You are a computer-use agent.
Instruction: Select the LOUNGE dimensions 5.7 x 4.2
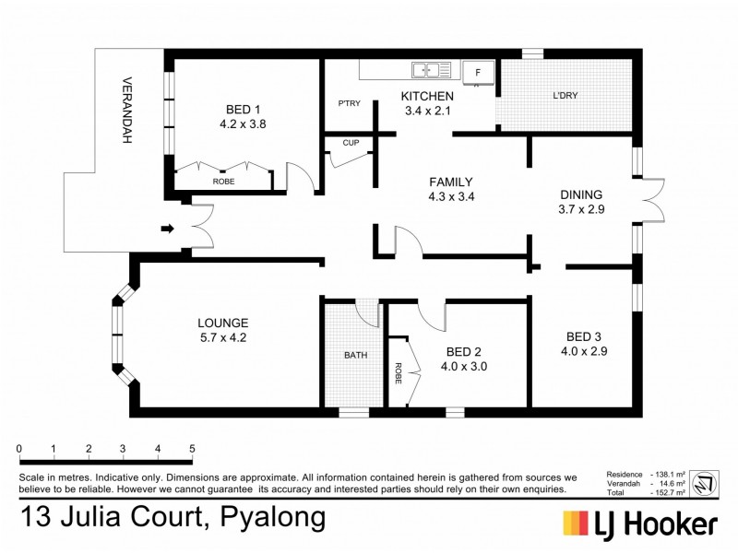pyautogui.click(x=222, y=337)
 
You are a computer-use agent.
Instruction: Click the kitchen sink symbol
pyautogui.click(x=431, y=69)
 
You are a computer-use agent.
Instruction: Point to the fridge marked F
pyautogui.click(x=478, y=71)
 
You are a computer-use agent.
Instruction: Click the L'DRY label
pyautogui.click(x=565, y=97)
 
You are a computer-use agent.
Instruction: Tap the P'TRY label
pyautogui.click(x=349, y=103)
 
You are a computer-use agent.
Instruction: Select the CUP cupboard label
pyautogui.click(x=351, y=143)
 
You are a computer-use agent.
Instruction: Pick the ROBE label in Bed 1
pyautogui.click(x=223, y=182)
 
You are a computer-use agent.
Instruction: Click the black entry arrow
pyautogui.click(x=168, y=228)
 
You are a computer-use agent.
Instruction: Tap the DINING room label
pyautogui.click(x=581, y=194)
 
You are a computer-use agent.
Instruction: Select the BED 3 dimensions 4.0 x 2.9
pyautogui.click(x=583, y=350)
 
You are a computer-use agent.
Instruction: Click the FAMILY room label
pyautogui.click(x=450, y=182)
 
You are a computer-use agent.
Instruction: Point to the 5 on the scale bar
pyautogui.click(x=192, y=449)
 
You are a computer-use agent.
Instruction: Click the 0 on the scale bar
pyautogui.click(x=19, y=449)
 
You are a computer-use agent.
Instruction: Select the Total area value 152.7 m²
pyautogui.click(x=668, y=492)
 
